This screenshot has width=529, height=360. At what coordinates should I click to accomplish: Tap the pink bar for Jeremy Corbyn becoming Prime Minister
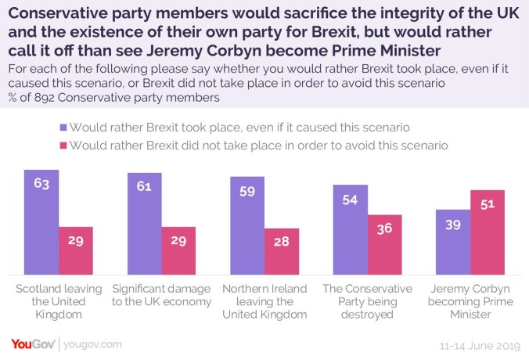point(488,231)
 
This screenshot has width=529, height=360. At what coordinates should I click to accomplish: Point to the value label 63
point(41,185)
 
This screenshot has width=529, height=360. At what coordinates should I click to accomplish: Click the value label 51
point(488,205)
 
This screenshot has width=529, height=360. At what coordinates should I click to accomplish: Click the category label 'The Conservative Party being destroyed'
point(367,301)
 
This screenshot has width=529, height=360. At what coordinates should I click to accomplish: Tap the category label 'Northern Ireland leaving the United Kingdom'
point(264,301)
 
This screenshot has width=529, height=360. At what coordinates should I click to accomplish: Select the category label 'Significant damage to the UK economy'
point(161,294)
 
